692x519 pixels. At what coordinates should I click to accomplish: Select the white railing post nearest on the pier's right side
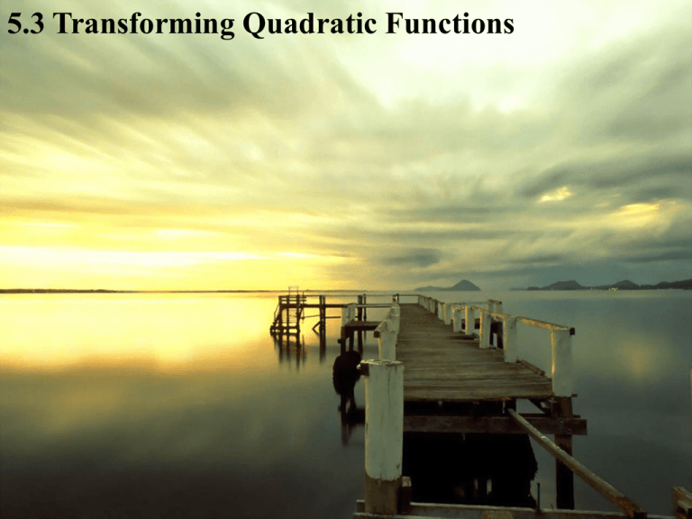[561, 360]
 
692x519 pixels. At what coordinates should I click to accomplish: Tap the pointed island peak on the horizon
[463, 285]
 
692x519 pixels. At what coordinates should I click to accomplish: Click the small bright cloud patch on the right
[555, 194]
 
